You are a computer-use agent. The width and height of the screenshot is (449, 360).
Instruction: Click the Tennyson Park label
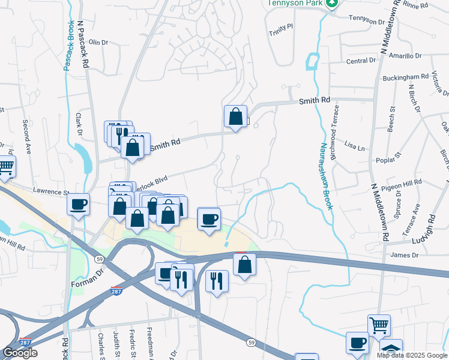point(291,2)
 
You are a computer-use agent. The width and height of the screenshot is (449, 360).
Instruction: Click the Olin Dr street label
point(98,43)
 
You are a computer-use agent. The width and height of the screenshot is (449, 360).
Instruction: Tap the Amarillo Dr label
point(405,56)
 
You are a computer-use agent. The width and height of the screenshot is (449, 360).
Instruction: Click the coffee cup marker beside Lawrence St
point(78,204)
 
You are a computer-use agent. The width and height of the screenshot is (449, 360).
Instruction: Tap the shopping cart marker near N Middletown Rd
point(379,325)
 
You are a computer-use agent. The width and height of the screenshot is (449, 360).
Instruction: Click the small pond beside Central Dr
point(312,61)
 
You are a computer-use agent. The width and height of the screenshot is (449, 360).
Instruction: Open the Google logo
point(20,353)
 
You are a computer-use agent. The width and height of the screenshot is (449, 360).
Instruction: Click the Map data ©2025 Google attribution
point(411,355)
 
